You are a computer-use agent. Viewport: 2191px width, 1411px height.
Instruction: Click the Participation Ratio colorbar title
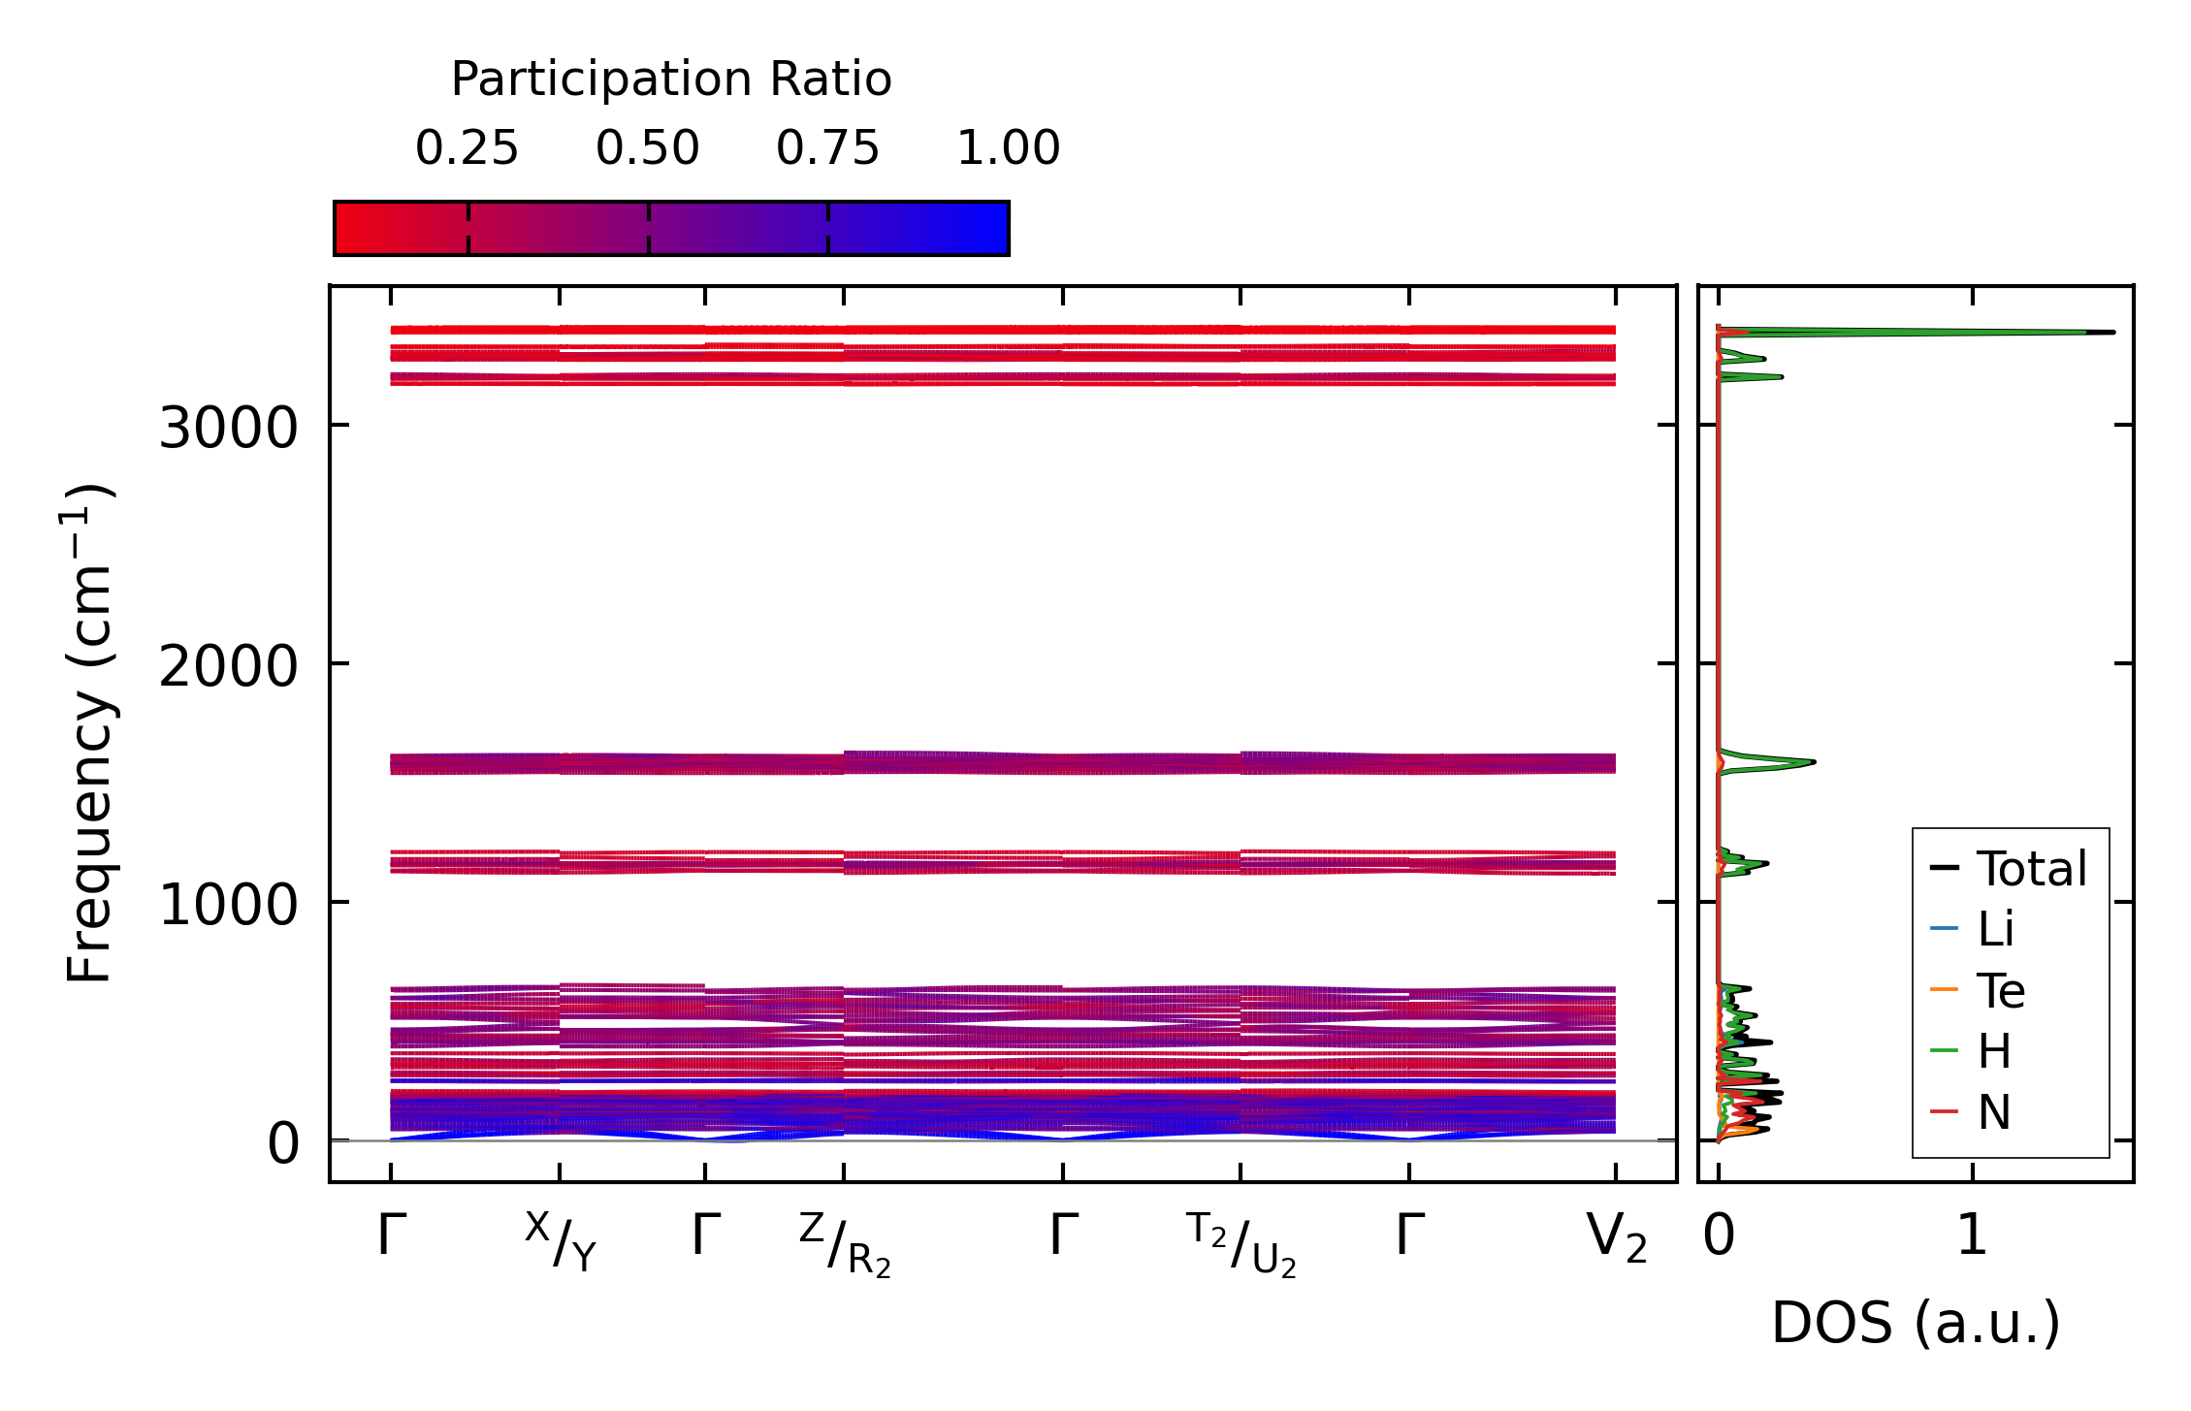pos(671,80)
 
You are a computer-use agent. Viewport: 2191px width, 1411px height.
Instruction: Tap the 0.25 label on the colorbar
pos(467,148)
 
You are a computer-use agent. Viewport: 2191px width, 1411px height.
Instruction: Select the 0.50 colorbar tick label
pos(647,148)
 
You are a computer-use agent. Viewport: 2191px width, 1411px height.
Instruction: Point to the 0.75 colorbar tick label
pos(827,148)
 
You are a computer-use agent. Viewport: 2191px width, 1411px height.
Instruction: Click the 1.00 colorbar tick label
pos(1008,148)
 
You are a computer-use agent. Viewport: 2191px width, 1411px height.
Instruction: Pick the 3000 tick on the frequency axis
pos(228,427)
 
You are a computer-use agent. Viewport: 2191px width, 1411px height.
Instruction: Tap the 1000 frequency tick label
pos(228,905)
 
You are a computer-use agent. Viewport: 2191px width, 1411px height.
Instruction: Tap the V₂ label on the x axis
pos(1616,1238)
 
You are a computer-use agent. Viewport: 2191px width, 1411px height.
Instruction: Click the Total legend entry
pos(2030,869)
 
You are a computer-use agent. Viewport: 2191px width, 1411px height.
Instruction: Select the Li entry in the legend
pos(1995,929)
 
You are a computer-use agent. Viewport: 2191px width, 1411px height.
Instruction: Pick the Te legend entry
pos(2000,991)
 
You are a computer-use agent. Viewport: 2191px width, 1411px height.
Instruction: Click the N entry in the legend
pos(1994,1112)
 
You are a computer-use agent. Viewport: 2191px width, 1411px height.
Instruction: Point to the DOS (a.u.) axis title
pos(1916,1324)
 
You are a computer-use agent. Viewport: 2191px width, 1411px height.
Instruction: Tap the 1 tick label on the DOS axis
pos(1972,1236)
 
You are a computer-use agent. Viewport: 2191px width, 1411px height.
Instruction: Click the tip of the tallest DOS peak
pos(2112,333)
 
